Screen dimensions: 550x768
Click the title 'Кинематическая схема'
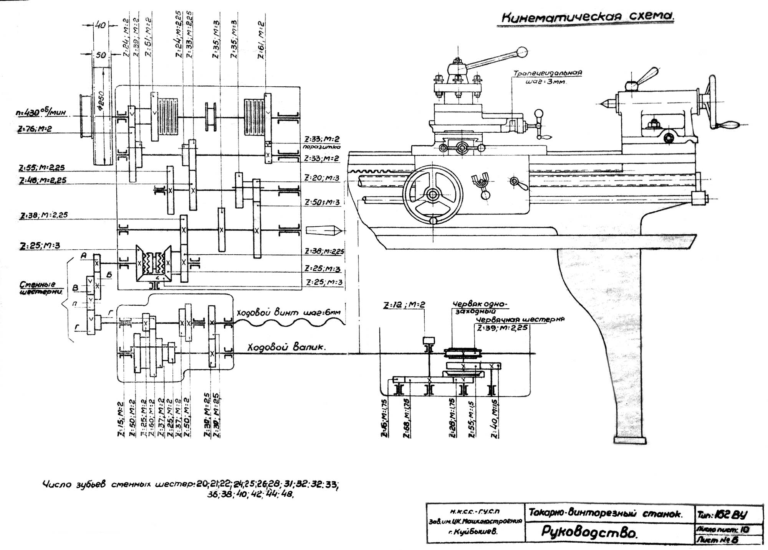[588, 18]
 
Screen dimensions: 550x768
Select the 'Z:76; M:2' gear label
[34, 129]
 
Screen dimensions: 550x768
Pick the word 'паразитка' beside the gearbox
[321, 147]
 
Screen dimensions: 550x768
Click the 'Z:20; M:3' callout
[322, 178]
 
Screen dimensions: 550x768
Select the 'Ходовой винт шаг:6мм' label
[288, 313]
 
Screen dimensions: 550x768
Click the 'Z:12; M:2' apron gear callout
[404, 305]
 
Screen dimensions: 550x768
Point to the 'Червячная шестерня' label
[520, 319]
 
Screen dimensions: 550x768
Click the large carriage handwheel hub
[433, 195]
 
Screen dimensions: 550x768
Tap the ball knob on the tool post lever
[521, 51]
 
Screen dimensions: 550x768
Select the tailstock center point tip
[600, 103]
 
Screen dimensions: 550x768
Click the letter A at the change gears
[84, 255]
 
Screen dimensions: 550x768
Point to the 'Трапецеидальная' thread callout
[548, 73]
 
